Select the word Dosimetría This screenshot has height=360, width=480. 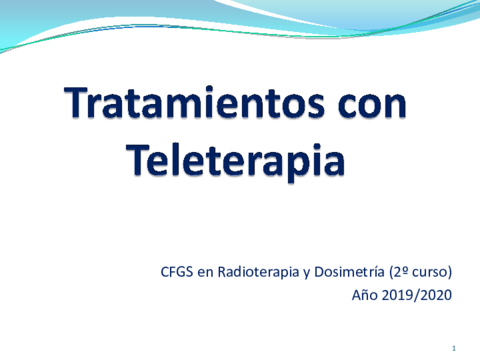[x=345, y=271]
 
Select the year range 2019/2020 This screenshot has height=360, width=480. [x=418, y=295]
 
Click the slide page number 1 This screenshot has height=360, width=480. [x=453, y=347]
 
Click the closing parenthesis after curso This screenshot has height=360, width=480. [x=450, y=272]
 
